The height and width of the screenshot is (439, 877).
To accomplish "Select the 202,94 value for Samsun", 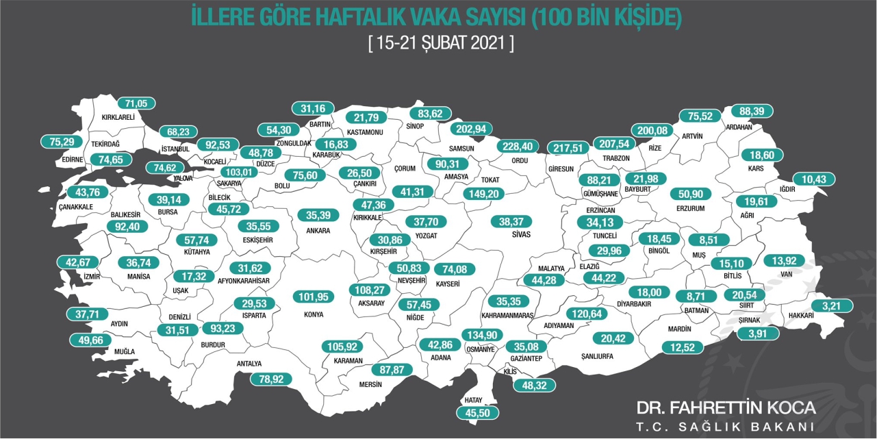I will click(473, 128).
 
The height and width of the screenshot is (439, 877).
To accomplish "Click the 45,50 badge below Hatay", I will click(477, 413).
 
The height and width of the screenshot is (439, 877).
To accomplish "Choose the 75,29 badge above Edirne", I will click(62, 142).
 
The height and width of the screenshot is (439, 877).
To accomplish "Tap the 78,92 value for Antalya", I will click(271, 379).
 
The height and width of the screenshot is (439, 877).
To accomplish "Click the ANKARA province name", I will click(318, 231).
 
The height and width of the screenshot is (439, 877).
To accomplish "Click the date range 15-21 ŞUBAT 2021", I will click(441, 42).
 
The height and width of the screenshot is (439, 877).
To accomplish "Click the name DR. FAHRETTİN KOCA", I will click(726, 408).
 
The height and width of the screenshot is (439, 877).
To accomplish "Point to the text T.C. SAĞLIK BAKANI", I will click(726, 427).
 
